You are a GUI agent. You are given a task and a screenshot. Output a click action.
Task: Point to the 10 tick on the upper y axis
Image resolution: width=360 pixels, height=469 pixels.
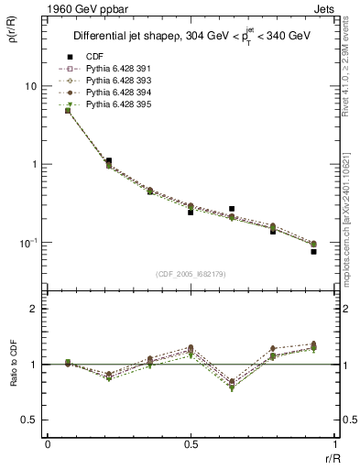tap(30, 86)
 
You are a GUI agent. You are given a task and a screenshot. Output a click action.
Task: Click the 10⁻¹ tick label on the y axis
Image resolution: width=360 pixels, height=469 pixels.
tap(28, 243)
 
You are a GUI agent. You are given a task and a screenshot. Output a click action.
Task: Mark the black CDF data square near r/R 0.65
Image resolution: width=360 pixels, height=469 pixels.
tap(232, 209)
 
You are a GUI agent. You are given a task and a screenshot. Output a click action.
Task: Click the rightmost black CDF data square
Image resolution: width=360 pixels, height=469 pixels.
tap(313, 251)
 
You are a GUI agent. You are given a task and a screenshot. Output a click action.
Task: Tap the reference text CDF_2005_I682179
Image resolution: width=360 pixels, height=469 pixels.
tap(192, 274)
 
